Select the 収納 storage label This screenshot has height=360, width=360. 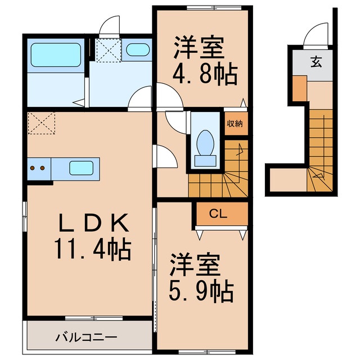coord(235,124)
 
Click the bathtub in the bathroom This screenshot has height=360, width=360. coord(56,54)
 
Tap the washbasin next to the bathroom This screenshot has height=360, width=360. coord(137,51)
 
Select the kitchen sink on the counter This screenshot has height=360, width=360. coord(81,168)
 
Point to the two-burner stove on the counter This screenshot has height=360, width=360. coord(38,168)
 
